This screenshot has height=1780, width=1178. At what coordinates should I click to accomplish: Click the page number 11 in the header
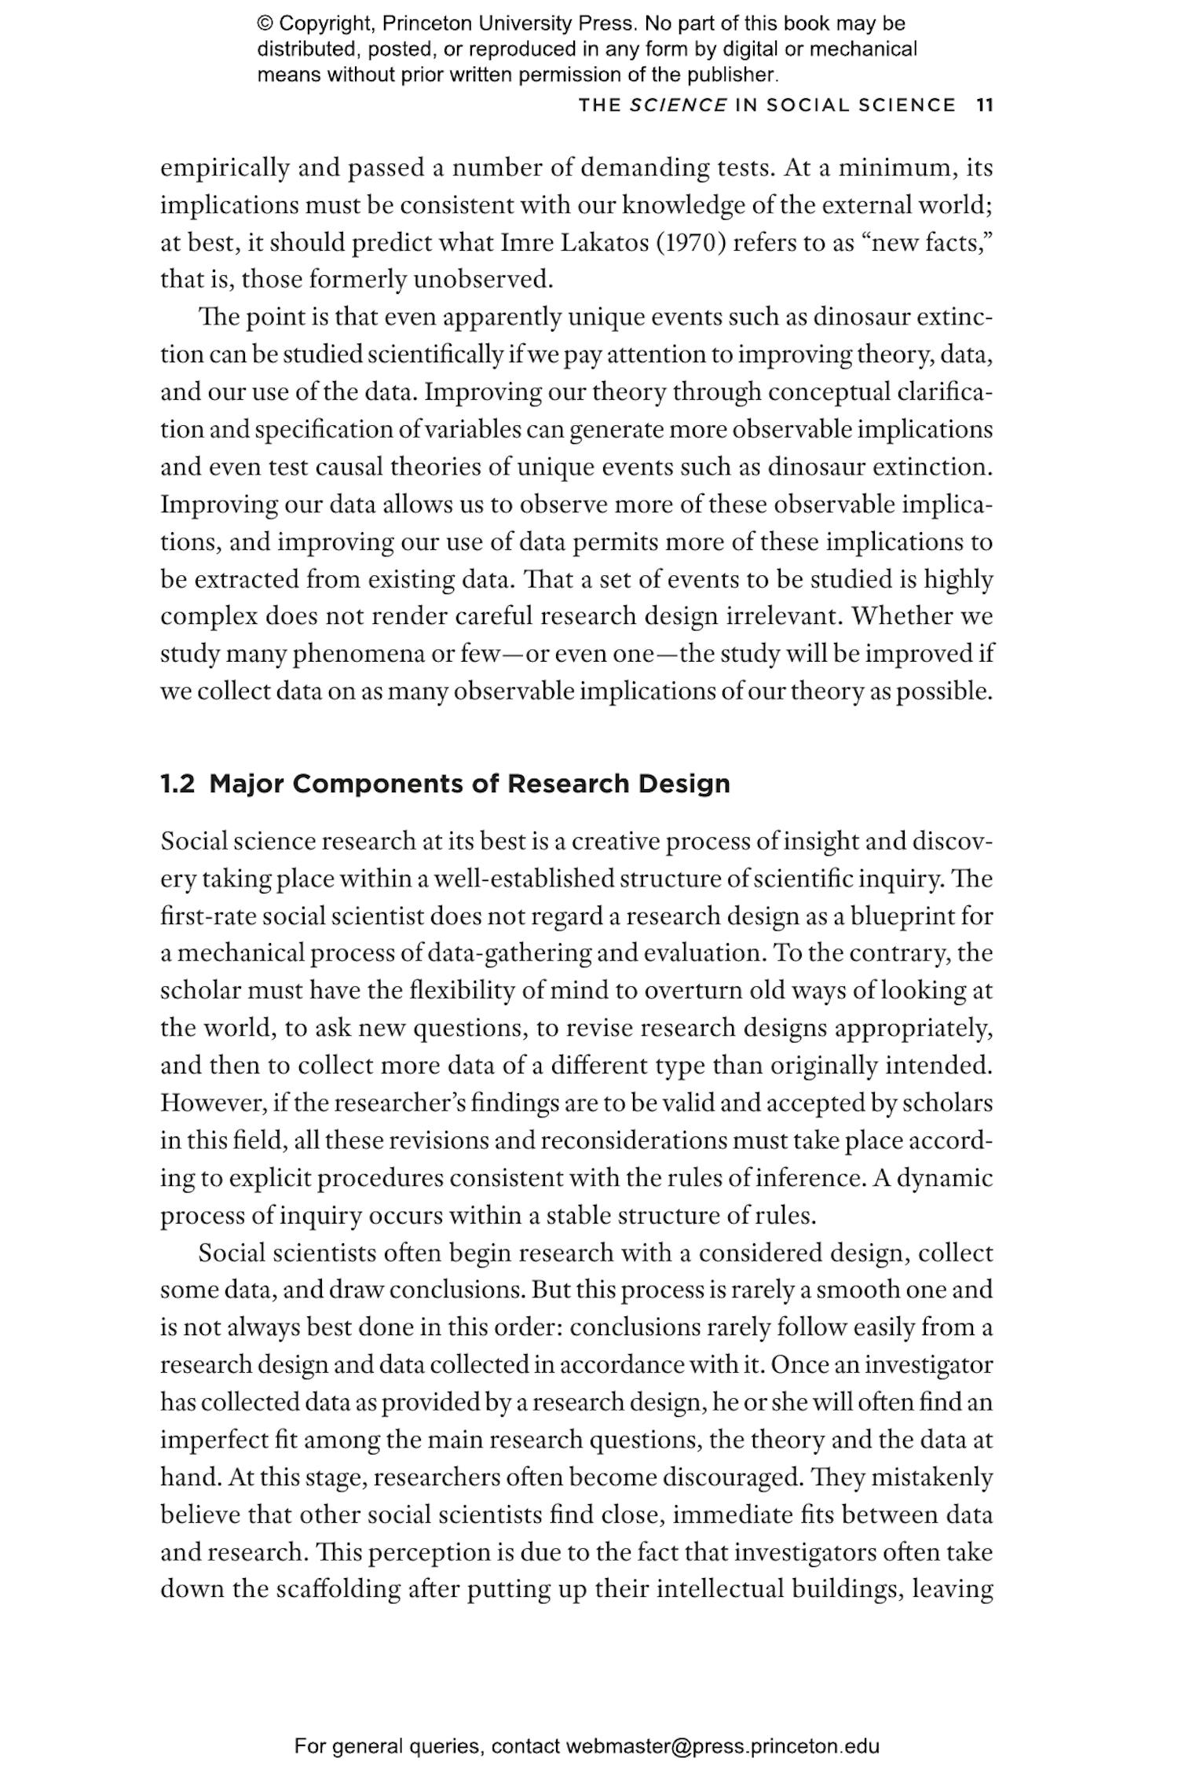click(x=985, y=105)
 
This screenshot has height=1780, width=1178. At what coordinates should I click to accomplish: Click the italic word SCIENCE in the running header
click(x=678, y=105)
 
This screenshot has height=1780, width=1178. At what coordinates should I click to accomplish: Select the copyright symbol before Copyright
click(x=265, y=24)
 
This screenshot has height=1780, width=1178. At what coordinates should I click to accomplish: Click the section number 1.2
click(x=177, y=784)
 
